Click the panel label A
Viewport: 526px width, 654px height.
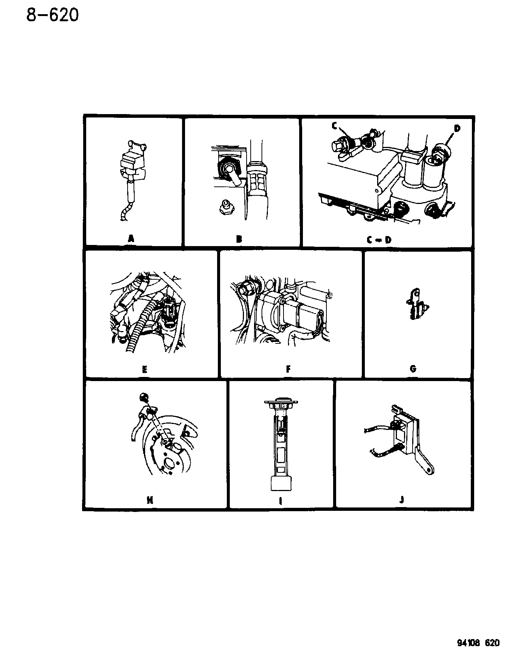(131, 239)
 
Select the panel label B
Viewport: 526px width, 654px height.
(239, 239)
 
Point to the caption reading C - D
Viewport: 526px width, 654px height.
(379, 239)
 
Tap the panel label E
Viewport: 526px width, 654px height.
(145, 369)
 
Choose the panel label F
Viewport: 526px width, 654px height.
(288, 369)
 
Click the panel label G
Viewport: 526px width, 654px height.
(413, 369)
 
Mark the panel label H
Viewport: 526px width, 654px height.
(150, 500)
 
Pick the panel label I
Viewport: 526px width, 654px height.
(280, 501)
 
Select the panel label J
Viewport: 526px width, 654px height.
(402, 500)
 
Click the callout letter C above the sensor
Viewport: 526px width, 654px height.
(335, 126)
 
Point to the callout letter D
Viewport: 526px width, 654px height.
(457, 129)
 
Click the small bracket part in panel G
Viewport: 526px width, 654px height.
(417, 307)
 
